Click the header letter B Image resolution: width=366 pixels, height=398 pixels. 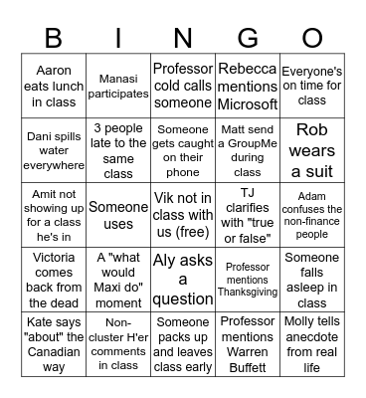(54, 39)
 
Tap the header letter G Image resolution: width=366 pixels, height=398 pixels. (247, 39)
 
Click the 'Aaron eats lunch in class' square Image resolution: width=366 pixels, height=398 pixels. (54, 87)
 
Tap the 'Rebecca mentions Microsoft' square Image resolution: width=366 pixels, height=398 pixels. (247, 87)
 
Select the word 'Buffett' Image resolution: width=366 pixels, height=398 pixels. (247, 366)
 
